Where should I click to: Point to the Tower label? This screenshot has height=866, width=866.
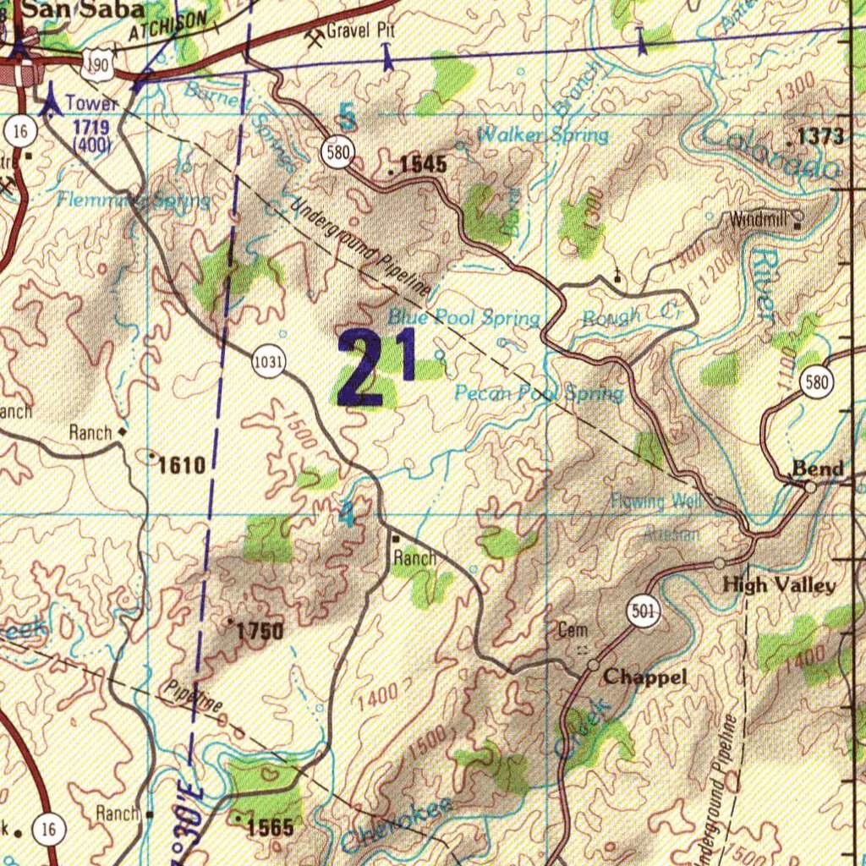pyautogui.click(x=91, y=103)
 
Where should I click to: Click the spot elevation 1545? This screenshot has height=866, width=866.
pyautogui.click(x=422, y=165)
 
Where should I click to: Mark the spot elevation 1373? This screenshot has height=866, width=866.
pyautogui.click(x=820, y=136)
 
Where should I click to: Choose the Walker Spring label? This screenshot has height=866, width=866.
pyautogui.click(x=542, y=134)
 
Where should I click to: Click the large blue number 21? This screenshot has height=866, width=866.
pyautogui.click(x=377, y=366)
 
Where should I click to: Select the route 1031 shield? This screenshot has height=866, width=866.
pyautogui.click(x=267, y=363)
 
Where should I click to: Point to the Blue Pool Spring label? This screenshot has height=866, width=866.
pyautogui.click(x=463, y=318)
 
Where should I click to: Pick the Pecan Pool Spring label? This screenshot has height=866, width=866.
pyautogui.click(x=539, y=393)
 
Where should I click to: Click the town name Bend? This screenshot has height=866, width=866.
pyautogui.click(x=817, y=469)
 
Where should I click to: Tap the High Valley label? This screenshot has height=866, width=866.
pyautogui.click(x=778, y=585)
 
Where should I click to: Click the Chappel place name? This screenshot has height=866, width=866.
pyautogui.click(x=644, y=677)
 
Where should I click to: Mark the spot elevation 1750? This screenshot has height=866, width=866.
pyautogui.click(x=260, y=631)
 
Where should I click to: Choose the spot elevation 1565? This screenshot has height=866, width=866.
pyautogui.click(x=270, y=827)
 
